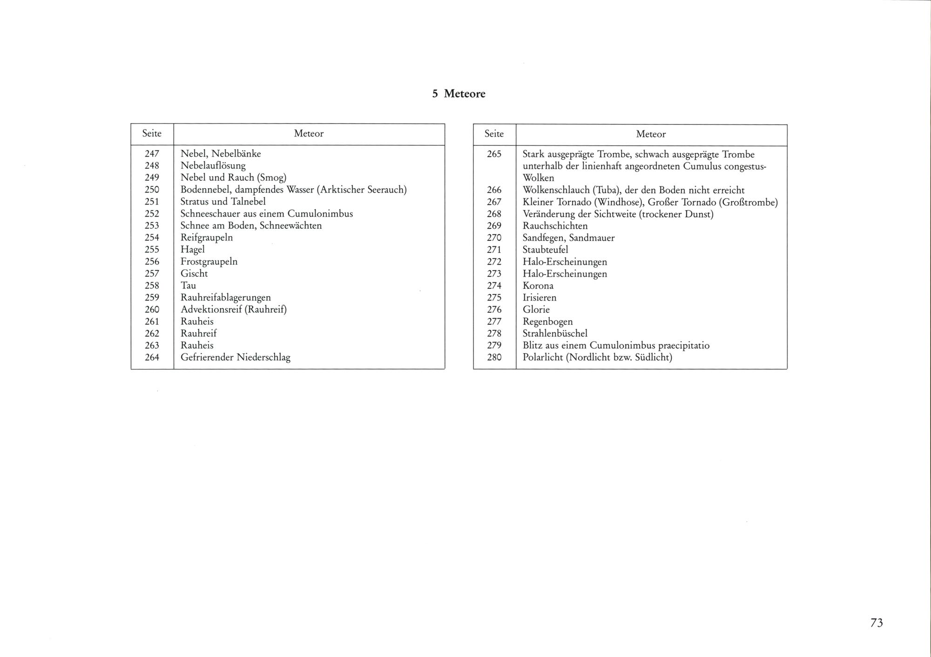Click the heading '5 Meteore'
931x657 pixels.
(459, 94)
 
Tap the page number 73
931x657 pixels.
(876, 623)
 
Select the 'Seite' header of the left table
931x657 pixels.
(152, 134)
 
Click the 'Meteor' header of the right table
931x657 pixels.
(651, 134)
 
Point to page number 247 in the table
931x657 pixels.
(152, 153)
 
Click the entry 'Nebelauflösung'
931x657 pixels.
(213, 165)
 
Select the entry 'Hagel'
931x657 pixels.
(192, 249)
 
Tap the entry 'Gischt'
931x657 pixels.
(194, 274)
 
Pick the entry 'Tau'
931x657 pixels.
(188, 285)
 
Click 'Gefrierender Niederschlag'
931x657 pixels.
(235, 357)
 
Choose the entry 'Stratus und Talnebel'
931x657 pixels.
(223, 201)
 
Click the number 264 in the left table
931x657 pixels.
(152, 357)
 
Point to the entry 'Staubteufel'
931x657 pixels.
(545, 250)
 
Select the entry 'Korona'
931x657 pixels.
(538, 286)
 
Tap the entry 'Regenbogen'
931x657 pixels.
(547, 322)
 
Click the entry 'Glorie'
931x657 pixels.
(536, 309)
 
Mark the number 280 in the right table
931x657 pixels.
(494, 357)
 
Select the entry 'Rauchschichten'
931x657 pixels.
(555, 226)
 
